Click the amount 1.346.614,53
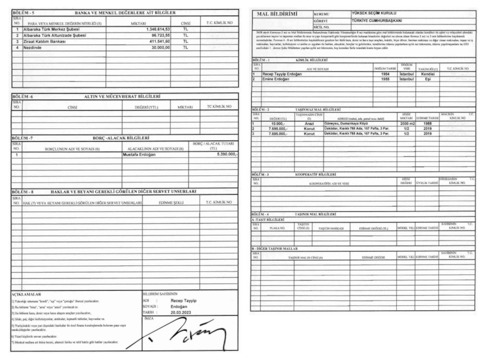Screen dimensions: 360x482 [x=158, y=29]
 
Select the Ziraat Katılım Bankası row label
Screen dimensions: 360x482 [x=45, y=42]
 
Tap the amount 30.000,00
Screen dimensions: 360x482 [x=160, y=48]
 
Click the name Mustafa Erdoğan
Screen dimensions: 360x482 [x=139, y=155]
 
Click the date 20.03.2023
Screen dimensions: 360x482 [x=181, y=312]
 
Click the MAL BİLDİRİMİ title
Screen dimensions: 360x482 [x=277, y=14]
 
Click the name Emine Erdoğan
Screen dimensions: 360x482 [x=276, y=79]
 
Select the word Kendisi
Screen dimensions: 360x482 [x=428, y=74]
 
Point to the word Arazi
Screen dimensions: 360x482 [x=309, y=124]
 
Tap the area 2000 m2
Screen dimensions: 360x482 [x=408, y=124]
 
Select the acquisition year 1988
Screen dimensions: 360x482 [x=428, y=124]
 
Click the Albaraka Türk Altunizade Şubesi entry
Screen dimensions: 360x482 [x=55, y=35]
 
